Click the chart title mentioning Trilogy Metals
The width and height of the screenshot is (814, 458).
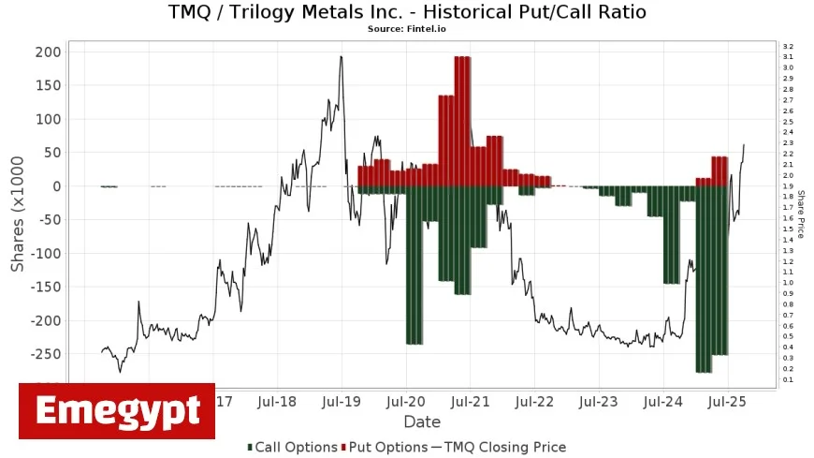coord(406,12)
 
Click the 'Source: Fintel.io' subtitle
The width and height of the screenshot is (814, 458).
coord(406,29)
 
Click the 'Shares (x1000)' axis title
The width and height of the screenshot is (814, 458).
coord(18,213)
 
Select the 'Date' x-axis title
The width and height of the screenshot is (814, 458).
coord(422,422)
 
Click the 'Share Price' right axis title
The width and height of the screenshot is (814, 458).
coord(801,214)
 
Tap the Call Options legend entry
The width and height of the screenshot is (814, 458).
coord(292,448)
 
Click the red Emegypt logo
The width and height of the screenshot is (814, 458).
coord(117,411)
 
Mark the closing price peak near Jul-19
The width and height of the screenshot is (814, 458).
coord(341,57)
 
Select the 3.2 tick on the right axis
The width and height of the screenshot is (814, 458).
coord(788,46)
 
